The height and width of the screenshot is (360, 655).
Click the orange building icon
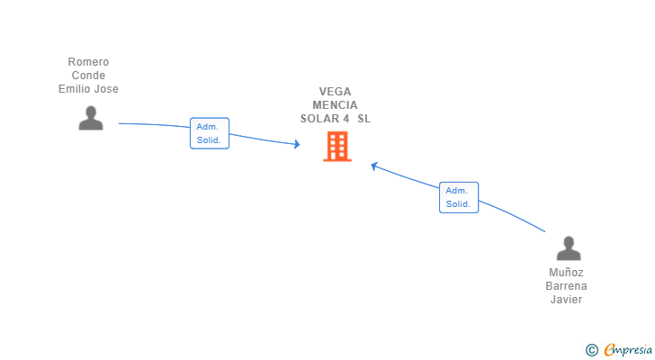[337, 147]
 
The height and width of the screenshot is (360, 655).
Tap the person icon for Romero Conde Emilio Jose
[91, 118]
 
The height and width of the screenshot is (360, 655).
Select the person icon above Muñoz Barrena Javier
[569, 248]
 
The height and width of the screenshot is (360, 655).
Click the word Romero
[88, 62]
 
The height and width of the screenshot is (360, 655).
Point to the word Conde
[88, 76]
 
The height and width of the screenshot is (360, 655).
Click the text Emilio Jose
[88, 89]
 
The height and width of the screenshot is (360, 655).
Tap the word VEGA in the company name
[335, 92]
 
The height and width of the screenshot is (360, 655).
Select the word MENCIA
[335, 104]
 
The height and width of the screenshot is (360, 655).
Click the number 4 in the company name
[345, 119]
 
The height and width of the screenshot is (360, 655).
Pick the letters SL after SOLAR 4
[363, 119]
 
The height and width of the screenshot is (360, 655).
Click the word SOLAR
[319, 119]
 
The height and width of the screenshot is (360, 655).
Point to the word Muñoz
[566, 273]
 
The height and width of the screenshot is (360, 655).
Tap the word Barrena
[566, 286]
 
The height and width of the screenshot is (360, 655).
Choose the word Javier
[566, 300]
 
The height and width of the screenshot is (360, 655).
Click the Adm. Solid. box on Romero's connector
[210, 133]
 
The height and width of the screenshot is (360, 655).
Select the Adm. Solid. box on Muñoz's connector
[459, 197]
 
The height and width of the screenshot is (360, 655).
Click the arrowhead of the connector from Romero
[297, 144]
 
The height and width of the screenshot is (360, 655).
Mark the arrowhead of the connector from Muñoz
[374, 166]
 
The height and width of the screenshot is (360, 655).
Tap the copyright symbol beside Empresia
[591, 350]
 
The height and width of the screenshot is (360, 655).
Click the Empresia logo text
[628, 350]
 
